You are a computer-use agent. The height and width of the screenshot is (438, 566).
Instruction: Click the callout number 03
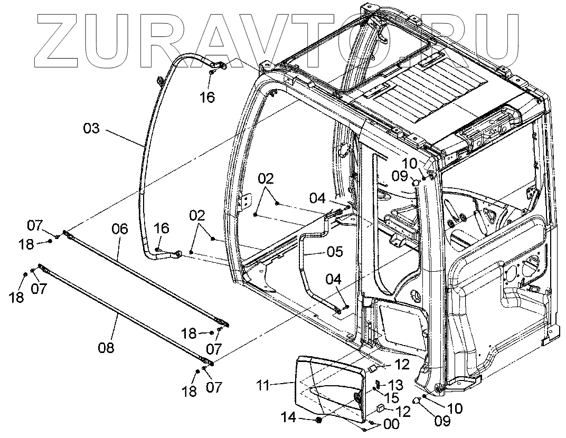[x=91, y=128]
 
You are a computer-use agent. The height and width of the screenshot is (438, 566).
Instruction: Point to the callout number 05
[x=334, y=252]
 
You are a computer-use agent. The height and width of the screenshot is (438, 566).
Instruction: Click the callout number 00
[x=391, y=423]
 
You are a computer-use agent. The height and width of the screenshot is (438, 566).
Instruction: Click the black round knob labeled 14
[x=319, y=420]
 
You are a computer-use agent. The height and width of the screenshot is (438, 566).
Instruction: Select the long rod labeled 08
[x=127, y=317]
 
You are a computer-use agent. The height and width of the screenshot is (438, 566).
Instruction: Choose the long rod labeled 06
[x=145, y=279]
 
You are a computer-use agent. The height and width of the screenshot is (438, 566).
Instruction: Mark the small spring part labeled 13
[x=379, y=384]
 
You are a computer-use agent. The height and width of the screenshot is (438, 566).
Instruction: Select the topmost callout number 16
[x=208, y=98]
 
